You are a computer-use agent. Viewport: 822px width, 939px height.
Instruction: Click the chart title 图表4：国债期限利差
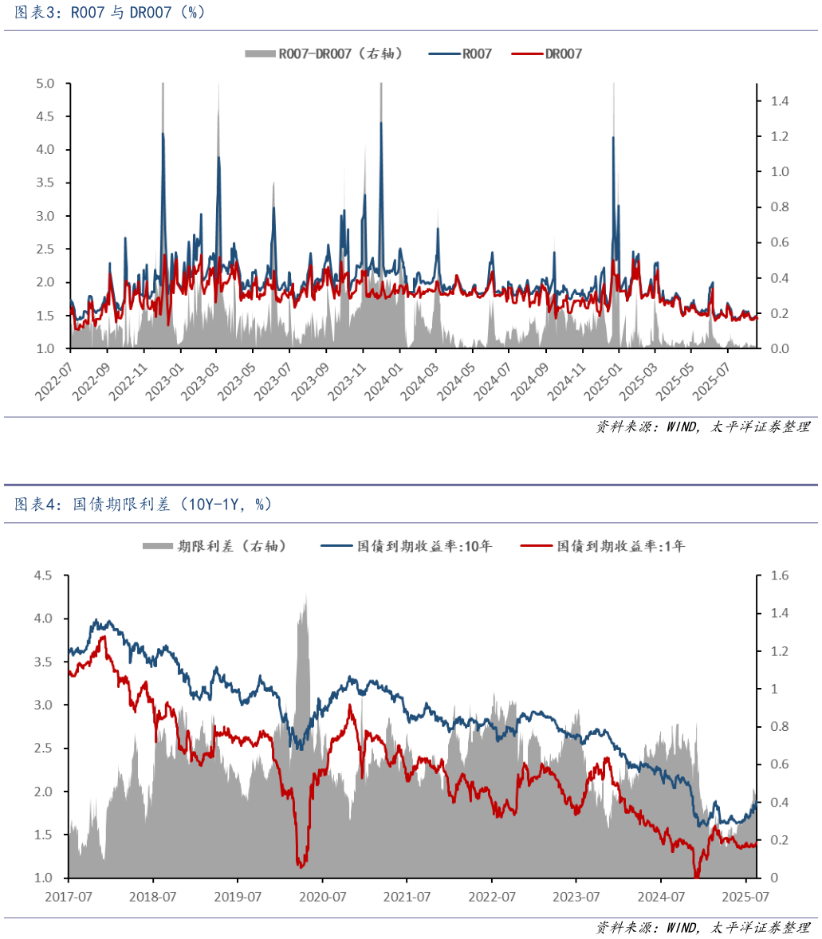144,504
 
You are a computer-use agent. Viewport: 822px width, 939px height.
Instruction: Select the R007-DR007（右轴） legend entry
323,53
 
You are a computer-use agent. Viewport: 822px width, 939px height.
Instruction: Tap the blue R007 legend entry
461,53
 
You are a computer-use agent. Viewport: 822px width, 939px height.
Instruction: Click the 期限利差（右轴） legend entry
214,546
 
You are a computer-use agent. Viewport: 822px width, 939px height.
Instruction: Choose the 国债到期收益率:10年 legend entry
407,546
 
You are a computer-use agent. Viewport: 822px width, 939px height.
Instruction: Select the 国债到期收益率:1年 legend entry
603,546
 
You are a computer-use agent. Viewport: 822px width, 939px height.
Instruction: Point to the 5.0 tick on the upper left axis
45,84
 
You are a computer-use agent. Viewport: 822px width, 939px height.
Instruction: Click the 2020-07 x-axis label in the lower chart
322,897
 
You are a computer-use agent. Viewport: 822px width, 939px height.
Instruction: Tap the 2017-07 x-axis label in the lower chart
69,897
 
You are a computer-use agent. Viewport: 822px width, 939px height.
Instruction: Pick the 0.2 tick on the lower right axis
777,840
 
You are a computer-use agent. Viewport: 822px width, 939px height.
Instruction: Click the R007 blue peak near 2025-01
613,138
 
